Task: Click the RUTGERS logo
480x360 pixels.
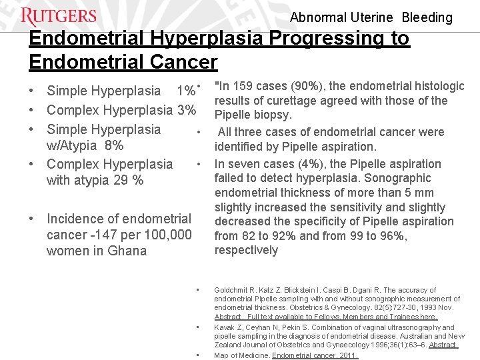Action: coord(59,16)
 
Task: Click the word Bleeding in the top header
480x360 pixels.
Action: coord(427,18)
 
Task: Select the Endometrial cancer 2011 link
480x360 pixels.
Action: coord(315,355)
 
